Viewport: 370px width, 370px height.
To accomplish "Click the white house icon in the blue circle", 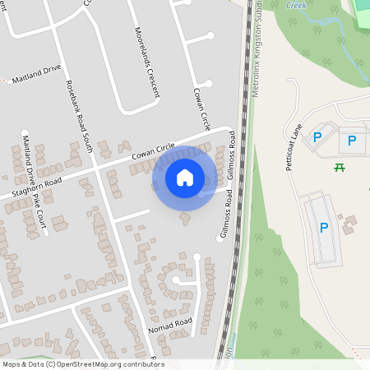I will (184, 177).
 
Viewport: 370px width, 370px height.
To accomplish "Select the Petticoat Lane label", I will (294, 148).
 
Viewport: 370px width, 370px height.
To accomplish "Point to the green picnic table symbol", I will (339, 168).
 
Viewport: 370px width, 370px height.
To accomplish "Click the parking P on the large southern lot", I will (323, 227).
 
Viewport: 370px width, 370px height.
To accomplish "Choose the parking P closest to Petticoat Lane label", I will (317, 138).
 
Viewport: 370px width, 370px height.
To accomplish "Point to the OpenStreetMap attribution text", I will (83, 364).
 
